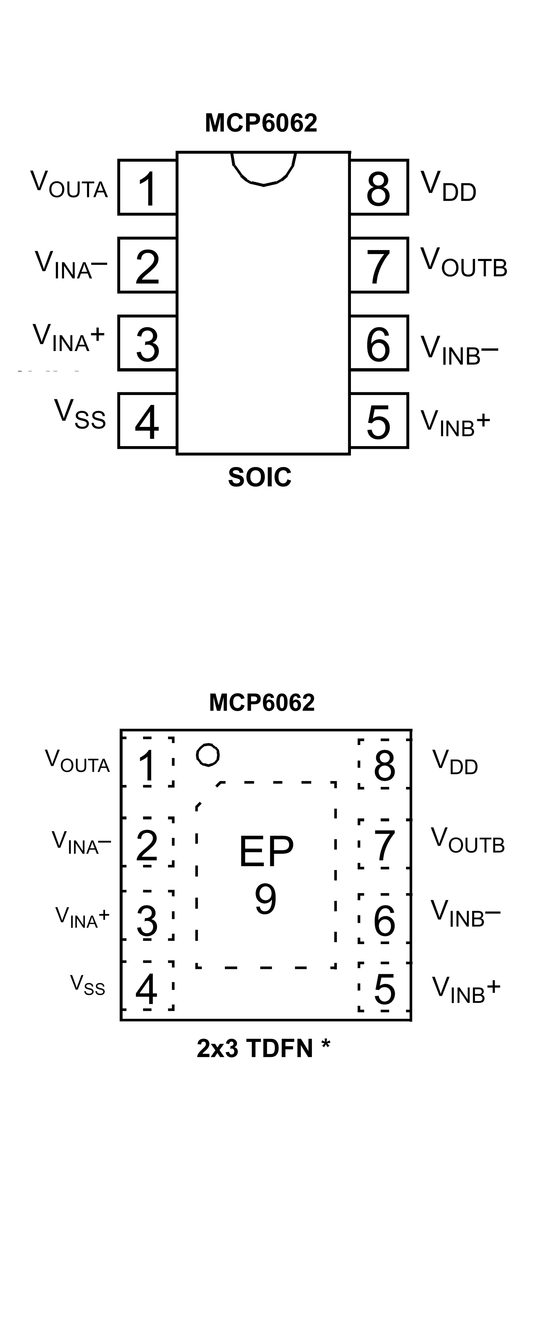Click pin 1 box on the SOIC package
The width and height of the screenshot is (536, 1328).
pyautogui.click(x=147, y=187)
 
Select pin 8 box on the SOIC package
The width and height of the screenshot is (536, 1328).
pyautogui.click(x=379, y=187)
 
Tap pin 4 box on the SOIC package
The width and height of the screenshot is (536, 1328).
pyautogui.click(x=147, y=421)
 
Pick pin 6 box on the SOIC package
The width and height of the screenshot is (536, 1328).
pyautogui.click(x=379, y=343)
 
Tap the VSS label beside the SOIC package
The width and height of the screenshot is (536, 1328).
pyautogui.click(x=80, y=415)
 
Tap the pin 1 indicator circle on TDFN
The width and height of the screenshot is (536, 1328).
pyautogui.click(x=208, y=755)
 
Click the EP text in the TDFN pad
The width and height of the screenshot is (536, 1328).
pyautogui.click(x=266, y=852)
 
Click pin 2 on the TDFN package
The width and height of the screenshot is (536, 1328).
pyautogui.click(x=147, y=846)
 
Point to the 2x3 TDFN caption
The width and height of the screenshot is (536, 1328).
pyautogui.click(x=263, y=1048)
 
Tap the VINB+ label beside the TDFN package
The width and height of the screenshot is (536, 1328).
pyautogui.click(x=466, y=990)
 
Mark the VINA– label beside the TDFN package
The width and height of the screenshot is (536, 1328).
pyautogui.click(x=81, y=843)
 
